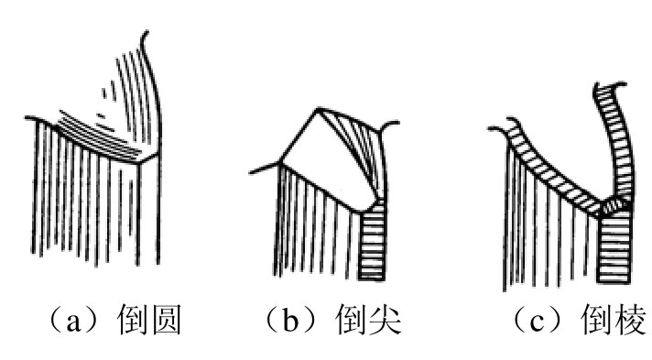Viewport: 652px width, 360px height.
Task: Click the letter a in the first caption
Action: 73,322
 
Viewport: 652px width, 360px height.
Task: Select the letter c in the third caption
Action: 536,322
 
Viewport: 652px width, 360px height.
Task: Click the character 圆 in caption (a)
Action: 167,319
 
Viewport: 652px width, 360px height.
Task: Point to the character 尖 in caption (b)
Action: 385,319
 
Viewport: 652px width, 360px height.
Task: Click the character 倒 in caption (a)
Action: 132,319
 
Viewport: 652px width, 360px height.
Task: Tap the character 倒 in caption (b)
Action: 350,319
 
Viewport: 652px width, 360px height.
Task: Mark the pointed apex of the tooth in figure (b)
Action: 318,109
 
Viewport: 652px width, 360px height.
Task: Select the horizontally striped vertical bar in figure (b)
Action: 372,242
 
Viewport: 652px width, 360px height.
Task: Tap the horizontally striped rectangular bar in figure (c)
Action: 614,246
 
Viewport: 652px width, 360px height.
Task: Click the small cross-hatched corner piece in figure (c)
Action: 615,205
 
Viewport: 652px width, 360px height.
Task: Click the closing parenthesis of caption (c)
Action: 557,321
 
